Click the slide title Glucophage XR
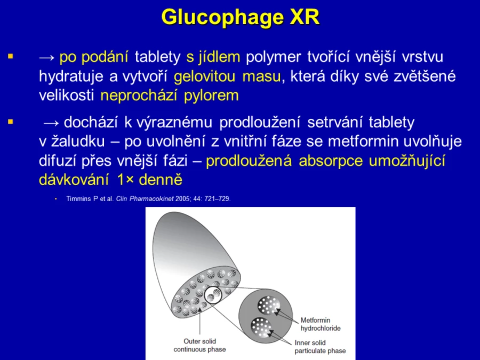click(x=241, y=17)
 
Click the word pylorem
click(x=211, y=95)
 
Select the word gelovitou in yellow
click(x=204, y=76)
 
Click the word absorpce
click(x=331, y=161)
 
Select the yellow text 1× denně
click(x=150, y=180)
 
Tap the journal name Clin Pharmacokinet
click(x=145, y=199)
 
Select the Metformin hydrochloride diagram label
click(x=320, y=324)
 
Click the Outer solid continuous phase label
click(x=199, y=345)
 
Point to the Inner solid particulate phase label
click(x=320, y=347)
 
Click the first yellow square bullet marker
click(x=11, y=57)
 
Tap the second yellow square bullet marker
click(x=11, y=122)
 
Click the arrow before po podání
click(x=47, y=58)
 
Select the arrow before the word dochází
click(x=51, y=123)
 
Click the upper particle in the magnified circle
click(x=269, y=305)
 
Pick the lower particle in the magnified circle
click(x=261, y=327)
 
